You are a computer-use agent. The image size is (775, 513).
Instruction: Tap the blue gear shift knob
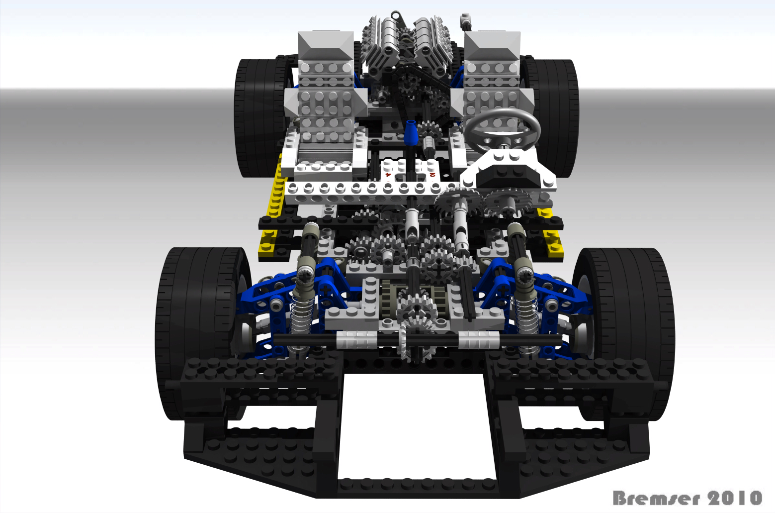(411, 133)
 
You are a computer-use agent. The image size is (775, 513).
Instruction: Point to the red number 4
(388, 174)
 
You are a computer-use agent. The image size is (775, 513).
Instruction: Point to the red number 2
(432, 174)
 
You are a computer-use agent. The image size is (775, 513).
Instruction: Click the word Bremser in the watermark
(656, 498)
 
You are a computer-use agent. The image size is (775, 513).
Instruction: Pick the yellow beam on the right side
(551, 234)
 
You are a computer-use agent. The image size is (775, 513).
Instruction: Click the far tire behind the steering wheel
(557, 114)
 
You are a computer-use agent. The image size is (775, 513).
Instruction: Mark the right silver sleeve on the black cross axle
(478, 340)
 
